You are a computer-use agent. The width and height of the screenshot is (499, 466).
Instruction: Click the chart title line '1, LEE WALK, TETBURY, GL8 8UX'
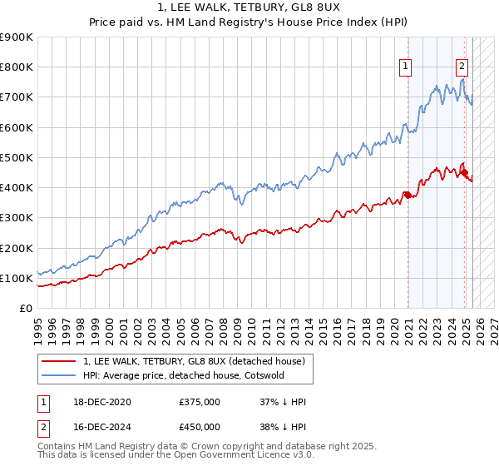(249, 10)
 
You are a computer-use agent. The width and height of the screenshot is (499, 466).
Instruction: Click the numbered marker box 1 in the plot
(405, 67)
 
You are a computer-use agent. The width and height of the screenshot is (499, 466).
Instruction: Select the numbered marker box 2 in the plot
(462, 67)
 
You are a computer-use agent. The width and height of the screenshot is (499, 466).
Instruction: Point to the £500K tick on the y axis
(17, 157)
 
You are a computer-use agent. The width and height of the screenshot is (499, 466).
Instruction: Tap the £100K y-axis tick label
(17, 278)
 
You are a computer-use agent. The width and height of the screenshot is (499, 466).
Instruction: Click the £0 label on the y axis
(26, 308)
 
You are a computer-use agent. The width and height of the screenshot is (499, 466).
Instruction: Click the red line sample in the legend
(58, 361)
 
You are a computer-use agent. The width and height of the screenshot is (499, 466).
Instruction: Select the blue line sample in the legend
(58, 375)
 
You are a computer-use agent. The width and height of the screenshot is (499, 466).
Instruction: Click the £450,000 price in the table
(200, 428)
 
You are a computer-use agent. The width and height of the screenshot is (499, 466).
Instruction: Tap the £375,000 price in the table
(200, 401)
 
